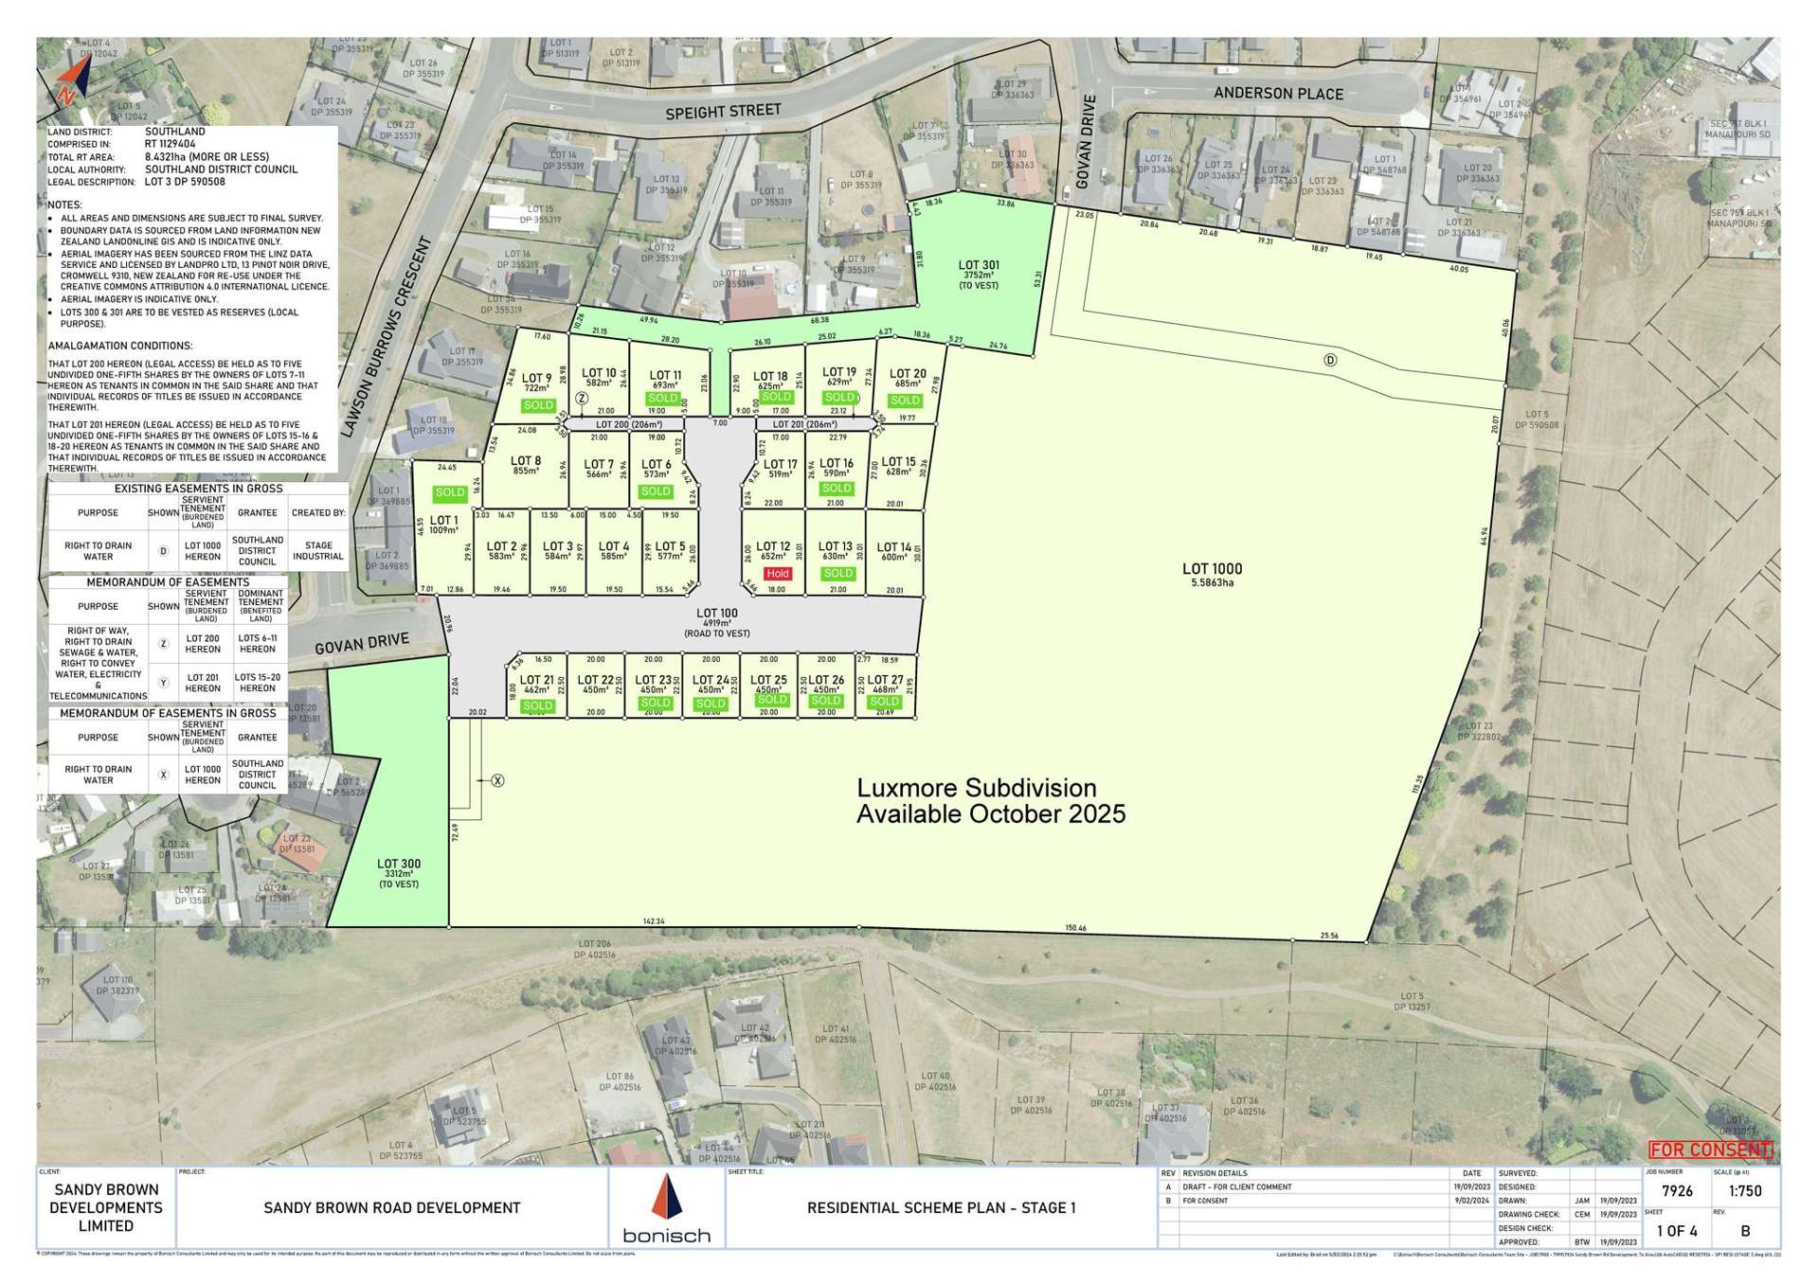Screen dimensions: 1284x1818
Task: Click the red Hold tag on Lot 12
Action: (x=777, y=574)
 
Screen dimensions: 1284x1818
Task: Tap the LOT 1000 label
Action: (x=1212, y=569)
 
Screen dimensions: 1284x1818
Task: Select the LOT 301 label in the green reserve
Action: (x=978, y=266)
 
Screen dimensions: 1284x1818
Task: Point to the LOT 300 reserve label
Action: (x=398, y=864)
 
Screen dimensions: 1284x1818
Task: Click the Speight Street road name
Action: (x=723, y=112)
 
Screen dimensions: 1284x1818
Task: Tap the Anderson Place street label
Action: (x=1278, y=94)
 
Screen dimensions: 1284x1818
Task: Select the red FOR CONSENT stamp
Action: (x=1710, y=1150)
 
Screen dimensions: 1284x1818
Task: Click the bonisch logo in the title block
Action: (x=667, y=1209)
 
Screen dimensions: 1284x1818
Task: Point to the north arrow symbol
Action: (x=69, y=80)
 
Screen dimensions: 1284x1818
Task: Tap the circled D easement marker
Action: (x=1330, y=360)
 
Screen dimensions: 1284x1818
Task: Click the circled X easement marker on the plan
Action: (x=497, y=780)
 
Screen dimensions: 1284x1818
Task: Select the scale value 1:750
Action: (x=1745, y=1191)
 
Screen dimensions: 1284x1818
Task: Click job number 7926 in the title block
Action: (x=1677, y=1191)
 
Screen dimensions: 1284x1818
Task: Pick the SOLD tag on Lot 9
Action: (x=537, y=405)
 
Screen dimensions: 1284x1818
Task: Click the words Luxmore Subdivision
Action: (x=976, y=789)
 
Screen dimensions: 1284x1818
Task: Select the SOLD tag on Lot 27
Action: (x=885, y=702)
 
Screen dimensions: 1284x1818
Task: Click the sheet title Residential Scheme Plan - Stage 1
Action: (x=941, y=1207)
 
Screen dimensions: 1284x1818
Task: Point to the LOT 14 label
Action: (x=893, y=547)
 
